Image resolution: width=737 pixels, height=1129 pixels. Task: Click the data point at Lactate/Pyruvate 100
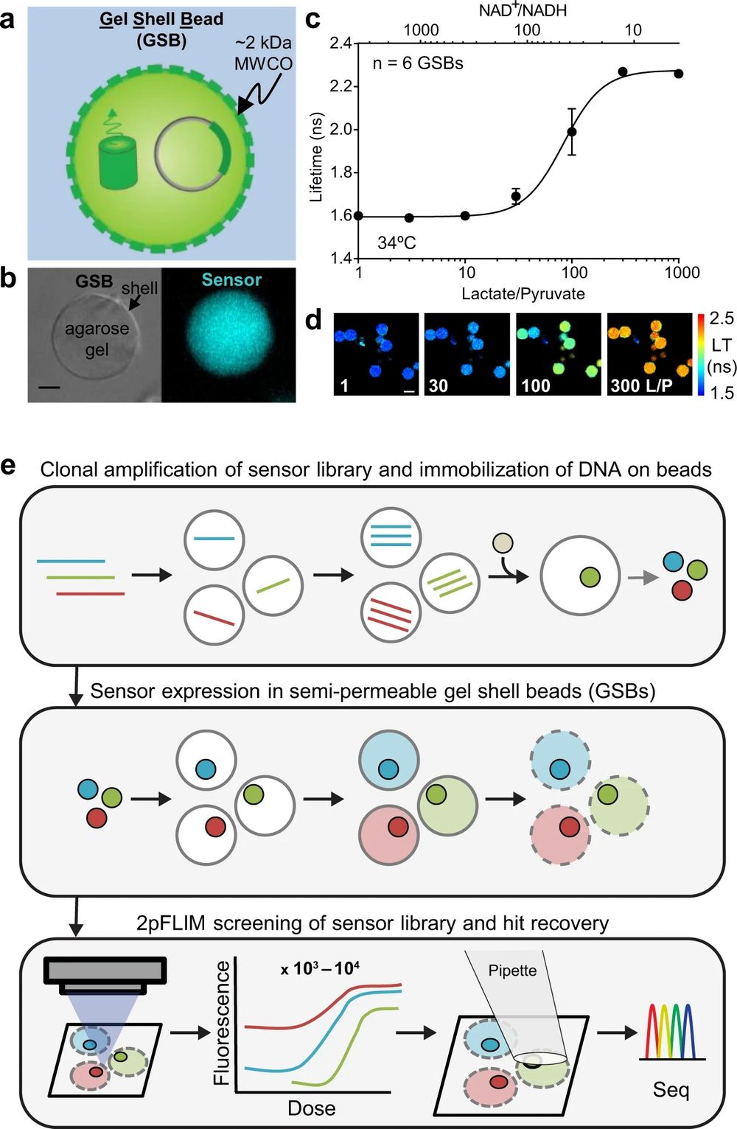571,132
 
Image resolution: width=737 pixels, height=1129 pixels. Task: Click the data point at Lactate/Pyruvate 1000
678,74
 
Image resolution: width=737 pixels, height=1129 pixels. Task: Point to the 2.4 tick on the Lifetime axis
340,43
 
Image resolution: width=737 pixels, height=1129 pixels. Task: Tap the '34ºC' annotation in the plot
397,242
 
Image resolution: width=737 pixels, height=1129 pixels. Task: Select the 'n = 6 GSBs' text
418,63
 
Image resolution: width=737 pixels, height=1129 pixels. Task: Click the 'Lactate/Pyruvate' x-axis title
523,293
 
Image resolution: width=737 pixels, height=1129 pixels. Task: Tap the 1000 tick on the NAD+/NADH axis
422,30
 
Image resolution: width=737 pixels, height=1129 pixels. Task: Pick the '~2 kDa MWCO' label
263,53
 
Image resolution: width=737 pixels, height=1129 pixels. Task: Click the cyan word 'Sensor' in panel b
231,280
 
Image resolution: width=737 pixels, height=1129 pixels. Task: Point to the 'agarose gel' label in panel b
97,338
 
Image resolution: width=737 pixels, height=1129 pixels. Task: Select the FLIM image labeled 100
558,354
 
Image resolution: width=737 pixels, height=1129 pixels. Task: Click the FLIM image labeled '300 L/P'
649,354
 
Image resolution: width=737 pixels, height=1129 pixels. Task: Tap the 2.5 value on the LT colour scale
722,318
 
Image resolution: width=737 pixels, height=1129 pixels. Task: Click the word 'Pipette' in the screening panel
512,970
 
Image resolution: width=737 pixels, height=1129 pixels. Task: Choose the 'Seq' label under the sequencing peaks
671,1089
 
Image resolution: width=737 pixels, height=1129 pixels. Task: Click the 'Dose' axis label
312,1108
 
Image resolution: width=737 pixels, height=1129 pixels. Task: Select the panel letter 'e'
9,467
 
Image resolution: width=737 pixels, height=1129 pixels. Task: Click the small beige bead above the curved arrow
503,544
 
